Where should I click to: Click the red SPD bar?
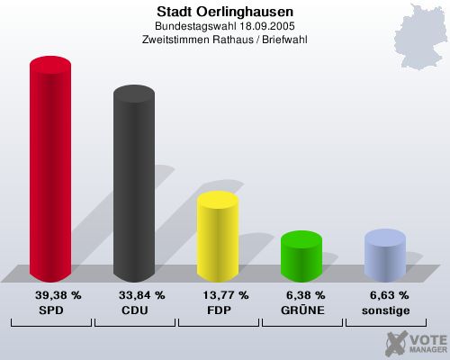click(50, 171)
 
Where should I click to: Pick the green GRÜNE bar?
click(301, 256)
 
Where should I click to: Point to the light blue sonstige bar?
click(384, 256)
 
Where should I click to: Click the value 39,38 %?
click(58, 295)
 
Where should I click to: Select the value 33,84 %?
click(142, 295)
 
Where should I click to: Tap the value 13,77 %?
click(226, 295)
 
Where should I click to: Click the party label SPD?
click(50, 310)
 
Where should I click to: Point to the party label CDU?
click(134, 310)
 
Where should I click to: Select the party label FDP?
click(218, 310)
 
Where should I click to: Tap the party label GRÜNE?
click(301, 310)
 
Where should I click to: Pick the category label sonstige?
click(384, 310)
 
